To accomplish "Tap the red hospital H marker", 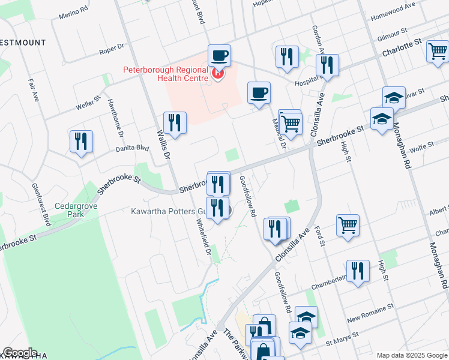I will click(x=217, y=74).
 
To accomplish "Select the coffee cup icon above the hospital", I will click(x=219, y=56).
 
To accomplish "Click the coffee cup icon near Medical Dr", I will click(x=259, y=93).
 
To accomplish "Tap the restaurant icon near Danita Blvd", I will click(x=81, y=142).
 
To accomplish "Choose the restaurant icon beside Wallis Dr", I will click(x=175, y=123).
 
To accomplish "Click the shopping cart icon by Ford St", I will click(x=348, y=226).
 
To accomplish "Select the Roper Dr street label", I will click(x=112, y=48).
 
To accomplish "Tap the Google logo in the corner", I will click(x=20, y=353).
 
